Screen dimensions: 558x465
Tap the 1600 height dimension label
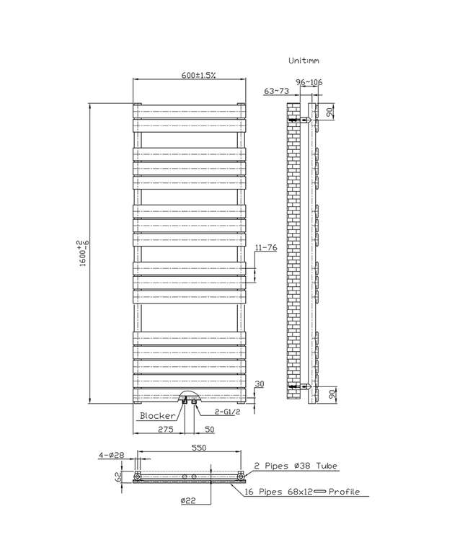point(84,252)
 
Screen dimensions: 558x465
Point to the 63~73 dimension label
point(277,92)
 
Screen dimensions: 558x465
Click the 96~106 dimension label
point(309,82)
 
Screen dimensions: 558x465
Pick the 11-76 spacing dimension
point(267,249)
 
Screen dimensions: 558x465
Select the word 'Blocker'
point(156,416)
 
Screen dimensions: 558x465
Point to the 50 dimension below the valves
point(209,430)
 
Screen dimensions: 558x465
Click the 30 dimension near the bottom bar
point(260,384)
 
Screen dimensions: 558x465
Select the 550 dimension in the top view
point(199,448)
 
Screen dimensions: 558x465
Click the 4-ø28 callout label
point(112,455)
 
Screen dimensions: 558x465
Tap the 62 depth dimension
point(118,477)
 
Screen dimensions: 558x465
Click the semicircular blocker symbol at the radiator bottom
point(190,394)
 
